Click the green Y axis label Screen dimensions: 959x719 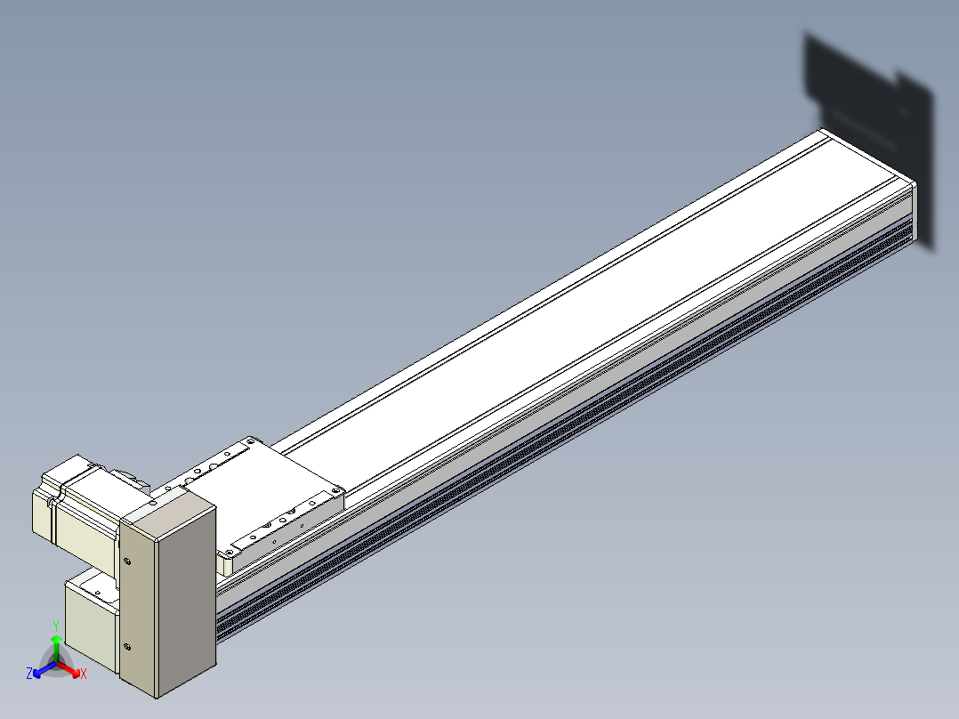point(56,626)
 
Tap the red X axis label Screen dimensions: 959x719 point(84,674)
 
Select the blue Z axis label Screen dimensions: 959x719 point(28,674)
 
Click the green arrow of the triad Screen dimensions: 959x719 point(56,648)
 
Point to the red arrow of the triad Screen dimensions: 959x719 point(68,669)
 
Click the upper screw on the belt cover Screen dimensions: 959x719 point(126,561)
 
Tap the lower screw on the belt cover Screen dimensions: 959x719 point(126,647)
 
